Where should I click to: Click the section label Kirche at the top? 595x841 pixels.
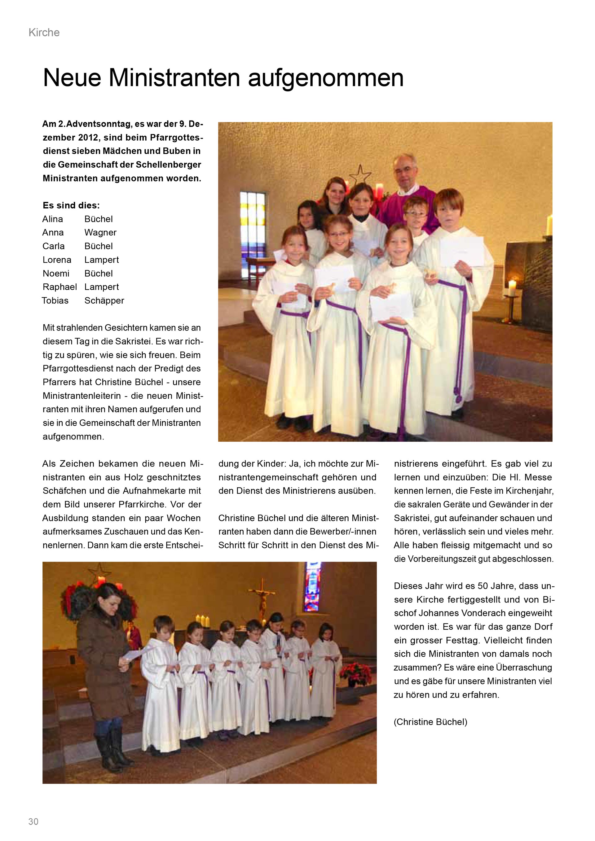44,33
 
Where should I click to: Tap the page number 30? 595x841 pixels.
33,821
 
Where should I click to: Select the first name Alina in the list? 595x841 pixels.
53,219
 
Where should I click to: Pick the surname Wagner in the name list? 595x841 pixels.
100,233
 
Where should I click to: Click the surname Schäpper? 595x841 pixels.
104,301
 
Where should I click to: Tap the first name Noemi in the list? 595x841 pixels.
56,274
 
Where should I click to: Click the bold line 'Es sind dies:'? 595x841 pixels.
71,205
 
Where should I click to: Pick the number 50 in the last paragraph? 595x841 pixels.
483,586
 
